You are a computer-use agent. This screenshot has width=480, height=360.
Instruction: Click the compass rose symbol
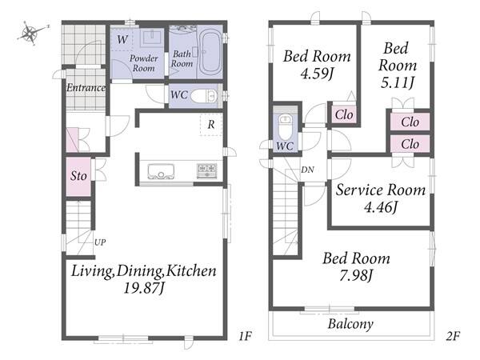point(31,33)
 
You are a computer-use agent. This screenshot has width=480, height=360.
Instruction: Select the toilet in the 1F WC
point(204,97)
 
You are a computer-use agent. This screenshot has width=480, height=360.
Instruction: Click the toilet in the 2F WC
point(286,126)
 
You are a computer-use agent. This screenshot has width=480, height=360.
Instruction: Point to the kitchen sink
point(161,171)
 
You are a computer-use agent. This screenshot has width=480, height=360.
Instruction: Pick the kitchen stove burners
point(207,170)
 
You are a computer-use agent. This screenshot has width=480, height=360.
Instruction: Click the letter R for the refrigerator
point(211,125)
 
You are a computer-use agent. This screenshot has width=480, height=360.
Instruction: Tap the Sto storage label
point(78,176)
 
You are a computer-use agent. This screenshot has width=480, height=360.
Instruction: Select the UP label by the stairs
point(100,242)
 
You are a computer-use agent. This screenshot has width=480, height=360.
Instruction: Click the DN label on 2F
point(307,170)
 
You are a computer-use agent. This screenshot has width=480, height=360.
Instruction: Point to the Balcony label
point(350,324)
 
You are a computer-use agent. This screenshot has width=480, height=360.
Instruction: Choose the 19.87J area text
point(144,288)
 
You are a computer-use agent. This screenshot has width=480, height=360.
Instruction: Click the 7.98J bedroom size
point(356,275)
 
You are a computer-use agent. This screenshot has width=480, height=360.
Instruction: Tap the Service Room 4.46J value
point(381,207)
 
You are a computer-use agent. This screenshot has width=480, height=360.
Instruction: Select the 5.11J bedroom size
point(398,82)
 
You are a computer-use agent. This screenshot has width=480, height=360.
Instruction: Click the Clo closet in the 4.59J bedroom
point(344,114)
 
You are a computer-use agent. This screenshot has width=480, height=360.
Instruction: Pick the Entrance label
point(86,88)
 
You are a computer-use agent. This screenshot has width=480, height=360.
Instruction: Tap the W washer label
point(122,39)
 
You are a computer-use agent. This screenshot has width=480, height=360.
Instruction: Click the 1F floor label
point(246,336)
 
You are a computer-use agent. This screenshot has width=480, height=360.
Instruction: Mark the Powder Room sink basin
point(151,38)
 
